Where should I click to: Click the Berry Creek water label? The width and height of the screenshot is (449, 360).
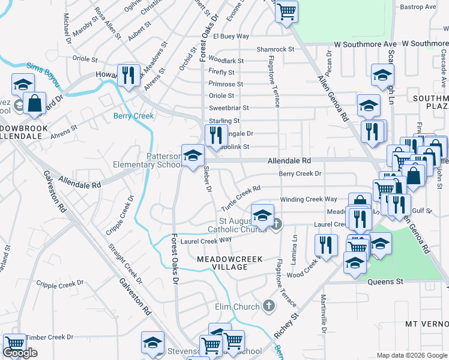click(x=134, y=116)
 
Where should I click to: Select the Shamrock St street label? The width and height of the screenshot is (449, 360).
click(x=275, y=49)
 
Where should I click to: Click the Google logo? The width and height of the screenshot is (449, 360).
click(x=20, y=353)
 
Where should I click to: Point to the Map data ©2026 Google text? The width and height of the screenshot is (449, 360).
click(x=412, y=355)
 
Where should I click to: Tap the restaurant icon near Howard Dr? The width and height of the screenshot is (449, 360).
click(x=128, y=76)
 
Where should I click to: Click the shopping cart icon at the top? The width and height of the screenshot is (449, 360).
click(x=287, y=10)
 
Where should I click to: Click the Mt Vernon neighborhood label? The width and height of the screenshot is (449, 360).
click(x=427, y=324)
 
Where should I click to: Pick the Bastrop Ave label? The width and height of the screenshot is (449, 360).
click(x=418, y=7)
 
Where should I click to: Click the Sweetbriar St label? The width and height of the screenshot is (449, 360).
click(x=229, y=108)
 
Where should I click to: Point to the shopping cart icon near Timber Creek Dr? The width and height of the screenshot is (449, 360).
click(x=14, y=344)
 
